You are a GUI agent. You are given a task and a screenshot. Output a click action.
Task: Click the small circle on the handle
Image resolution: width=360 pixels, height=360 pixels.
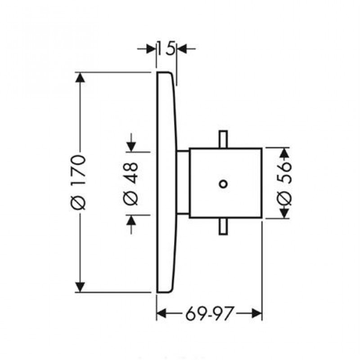(x=222, y=183)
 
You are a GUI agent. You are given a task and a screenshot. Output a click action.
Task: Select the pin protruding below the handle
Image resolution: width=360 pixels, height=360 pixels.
(x=222, y=227)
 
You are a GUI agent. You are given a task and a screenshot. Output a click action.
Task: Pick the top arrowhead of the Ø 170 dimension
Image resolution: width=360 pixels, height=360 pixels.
(x=80, y=77)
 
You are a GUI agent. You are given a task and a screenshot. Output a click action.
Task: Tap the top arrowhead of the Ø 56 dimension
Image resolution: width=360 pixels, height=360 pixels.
(x=284, y=153)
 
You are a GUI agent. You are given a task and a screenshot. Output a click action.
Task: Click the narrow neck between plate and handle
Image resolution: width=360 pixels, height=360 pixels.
(x=183, y=182)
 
